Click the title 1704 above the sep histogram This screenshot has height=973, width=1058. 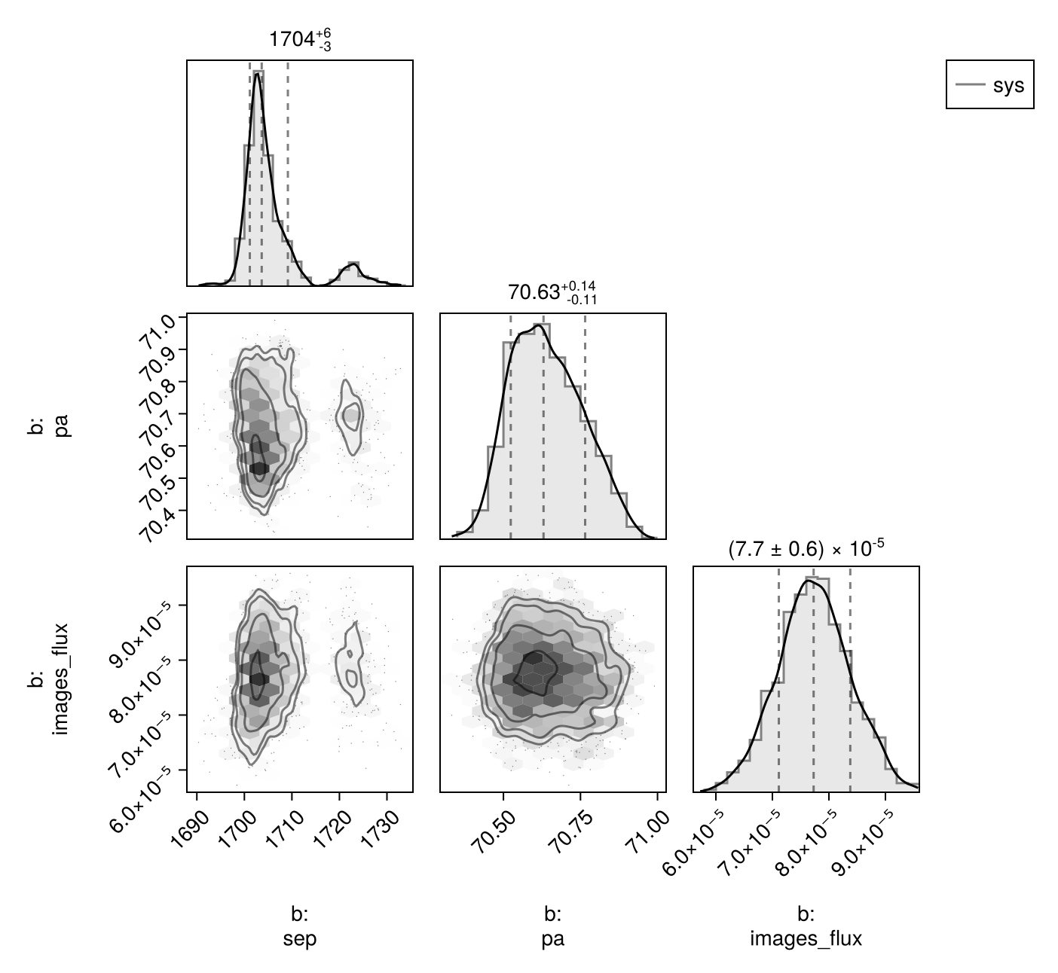(x=300, y=39)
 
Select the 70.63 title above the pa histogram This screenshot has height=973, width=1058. (x=552, y=291)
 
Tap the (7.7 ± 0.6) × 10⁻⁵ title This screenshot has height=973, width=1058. (x=805, y=549)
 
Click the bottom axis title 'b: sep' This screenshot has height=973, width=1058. (x=300, y=926)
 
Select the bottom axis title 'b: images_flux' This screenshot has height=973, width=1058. (x=806, y=926)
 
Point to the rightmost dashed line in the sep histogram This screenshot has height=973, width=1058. (x=288, y=173)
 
